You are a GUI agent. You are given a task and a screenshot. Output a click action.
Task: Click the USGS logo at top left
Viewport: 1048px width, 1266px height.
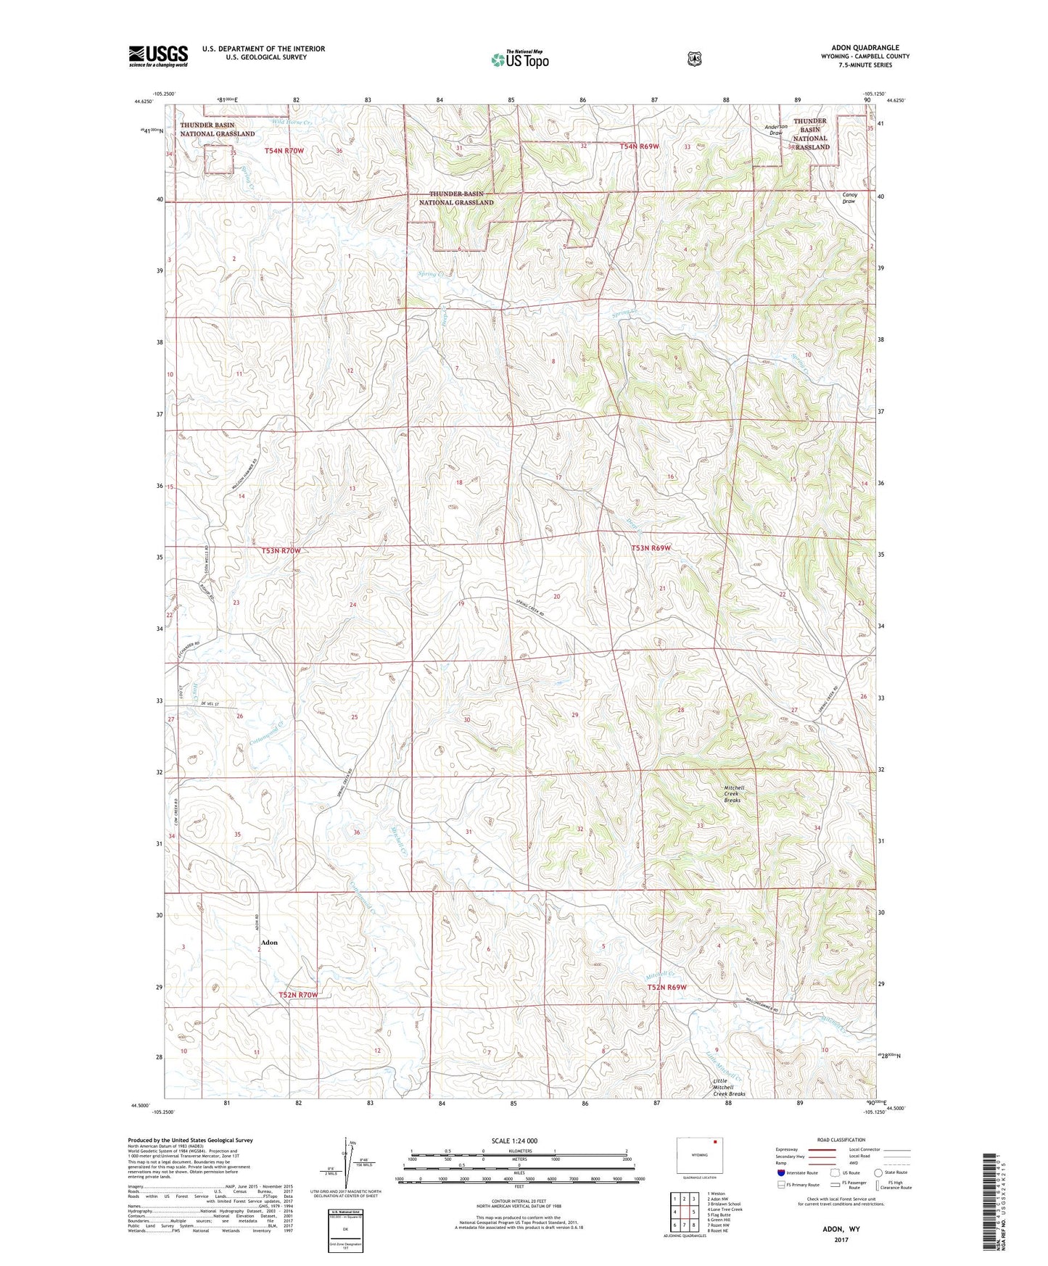pos(158,56)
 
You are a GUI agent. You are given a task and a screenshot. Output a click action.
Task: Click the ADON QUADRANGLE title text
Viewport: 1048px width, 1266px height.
pos(865,48)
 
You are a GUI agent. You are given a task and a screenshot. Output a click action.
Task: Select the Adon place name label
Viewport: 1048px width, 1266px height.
pos(269,943)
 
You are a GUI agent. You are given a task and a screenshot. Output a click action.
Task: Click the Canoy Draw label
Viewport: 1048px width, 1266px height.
pos(849,198)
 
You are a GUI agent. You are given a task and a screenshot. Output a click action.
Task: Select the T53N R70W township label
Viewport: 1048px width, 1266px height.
pos(281,551)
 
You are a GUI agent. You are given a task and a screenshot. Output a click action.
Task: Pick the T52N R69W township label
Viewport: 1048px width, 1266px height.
pos(667,988)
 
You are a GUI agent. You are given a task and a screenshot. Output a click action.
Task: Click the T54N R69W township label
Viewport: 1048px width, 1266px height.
pos(640,146)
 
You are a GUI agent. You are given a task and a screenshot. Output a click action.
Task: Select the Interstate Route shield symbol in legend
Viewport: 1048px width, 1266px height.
pos(780,1172)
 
